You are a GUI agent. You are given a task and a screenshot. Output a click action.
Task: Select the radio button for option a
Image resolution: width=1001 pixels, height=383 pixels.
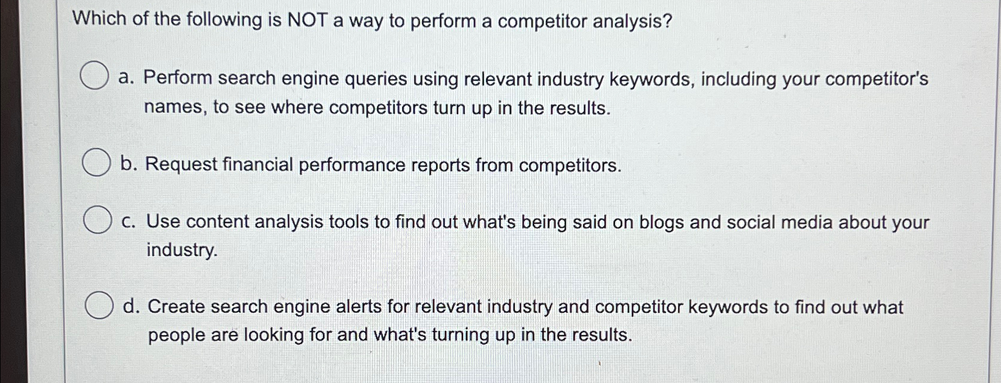tap(95, 76)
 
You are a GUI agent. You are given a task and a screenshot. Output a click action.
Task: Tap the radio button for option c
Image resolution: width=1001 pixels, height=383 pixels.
tap(98, 220)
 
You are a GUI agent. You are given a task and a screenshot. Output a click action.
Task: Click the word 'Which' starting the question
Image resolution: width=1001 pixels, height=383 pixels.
tap(100, 19)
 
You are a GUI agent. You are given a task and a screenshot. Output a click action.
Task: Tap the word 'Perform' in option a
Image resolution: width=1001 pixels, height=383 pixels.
tap(177, 78)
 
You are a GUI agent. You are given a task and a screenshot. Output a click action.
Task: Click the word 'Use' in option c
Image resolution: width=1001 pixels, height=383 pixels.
tap(163, 222)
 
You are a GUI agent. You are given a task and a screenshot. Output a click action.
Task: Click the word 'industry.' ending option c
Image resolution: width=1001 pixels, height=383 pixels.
tap(182, 250)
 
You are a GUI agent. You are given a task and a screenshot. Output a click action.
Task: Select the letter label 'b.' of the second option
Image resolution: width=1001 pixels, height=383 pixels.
tap(128, 164)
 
